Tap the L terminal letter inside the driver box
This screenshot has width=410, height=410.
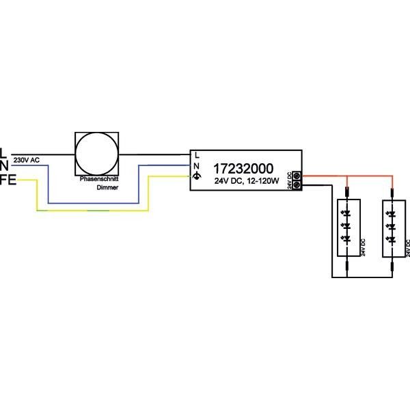coord(197,154)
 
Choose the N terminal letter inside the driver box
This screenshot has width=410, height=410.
coord(197,165)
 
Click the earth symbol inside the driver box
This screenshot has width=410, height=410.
coord(197,176)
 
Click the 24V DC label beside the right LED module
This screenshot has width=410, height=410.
coord(407,247)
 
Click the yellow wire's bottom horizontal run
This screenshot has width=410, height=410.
coord(89,212)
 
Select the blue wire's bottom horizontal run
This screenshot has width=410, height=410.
coord(89,202)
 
